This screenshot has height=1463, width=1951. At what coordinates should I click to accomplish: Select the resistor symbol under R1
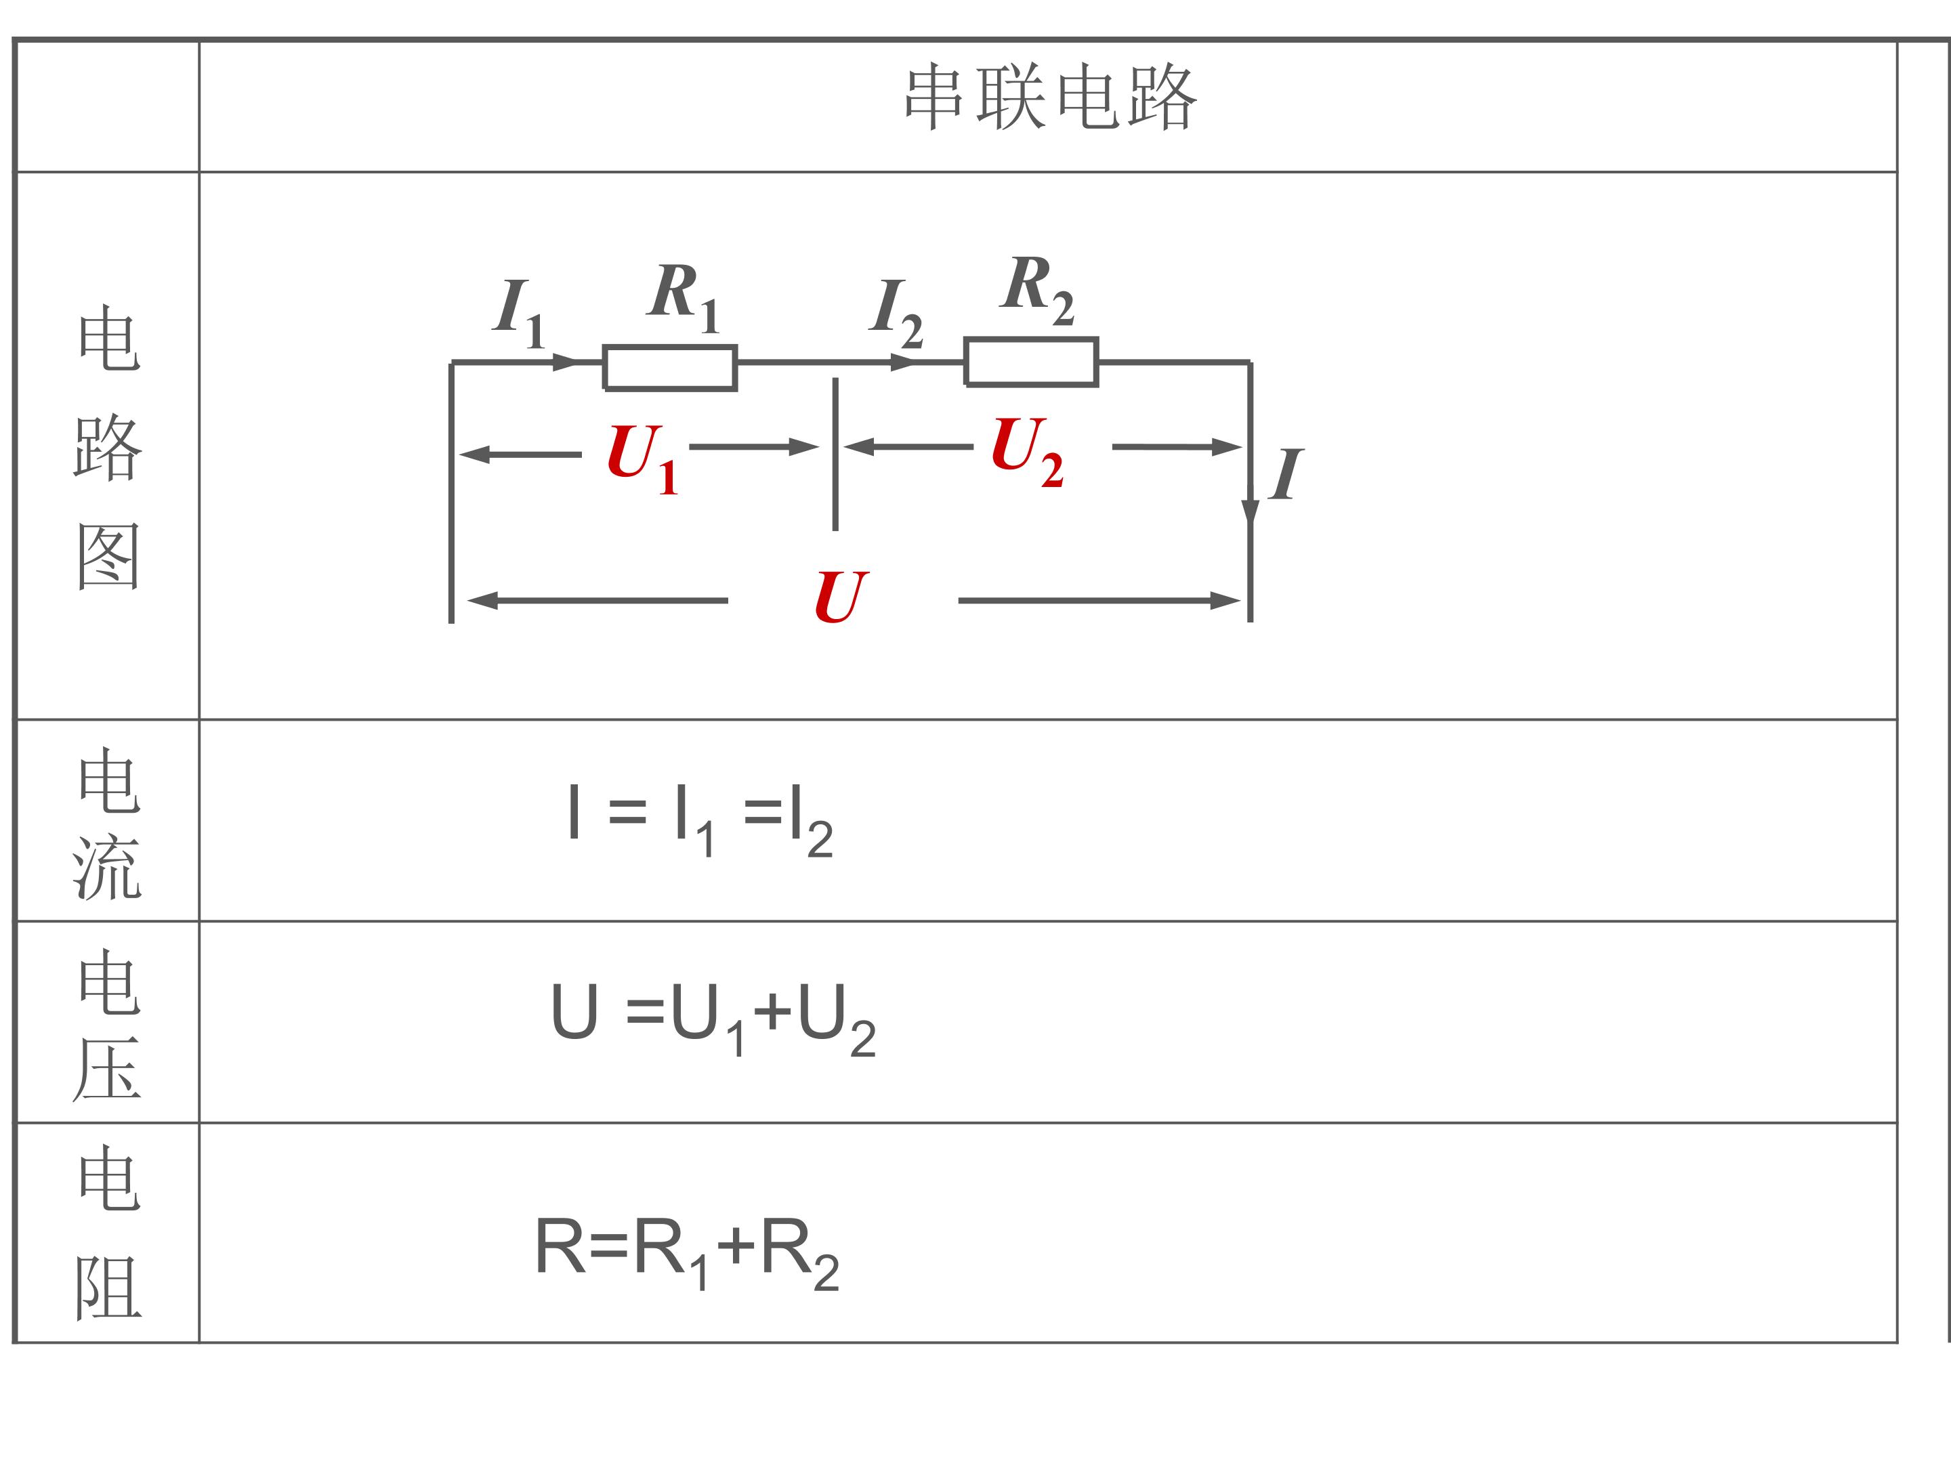pos(671,368)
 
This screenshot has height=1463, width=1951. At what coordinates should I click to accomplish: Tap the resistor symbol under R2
pos(1031,362)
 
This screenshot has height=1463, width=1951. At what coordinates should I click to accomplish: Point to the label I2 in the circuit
pos(896,313)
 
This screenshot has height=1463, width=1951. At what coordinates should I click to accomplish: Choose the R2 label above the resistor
pos(1038,289)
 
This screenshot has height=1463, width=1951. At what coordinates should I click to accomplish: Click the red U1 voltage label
pos(642,459)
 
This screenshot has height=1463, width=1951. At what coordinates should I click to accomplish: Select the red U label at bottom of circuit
pos(841,597)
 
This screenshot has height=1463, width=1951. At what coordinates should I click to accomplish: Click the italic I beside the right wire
pos(1286,474)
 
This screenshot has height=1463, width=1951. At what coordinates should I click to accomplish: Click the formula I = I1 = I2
pos(700,820)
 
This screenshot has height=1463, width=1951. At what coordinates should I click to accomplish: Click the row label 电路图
pos(108,447)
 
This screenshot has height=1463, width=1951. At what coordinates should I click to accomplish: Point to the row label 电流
pos(108,824)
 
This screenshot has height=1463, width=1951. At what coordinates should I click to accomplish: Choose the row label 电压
pos(108,1025)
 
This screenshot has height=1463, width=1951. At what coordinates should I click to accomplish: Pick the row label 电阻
pos(108,1232)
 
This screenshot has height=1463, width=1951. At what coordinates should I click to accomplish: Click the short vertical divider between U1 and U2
pos(835,454)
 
